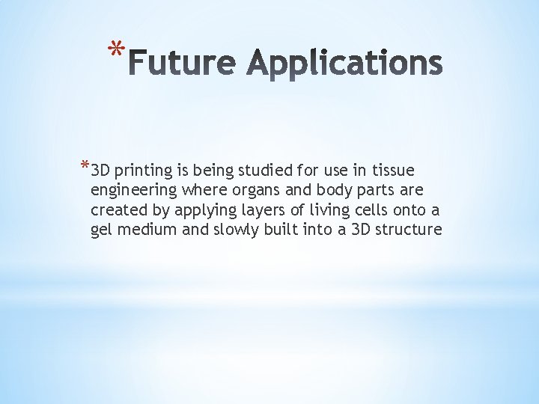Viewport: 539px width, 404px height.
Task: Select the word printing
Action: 143,171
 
